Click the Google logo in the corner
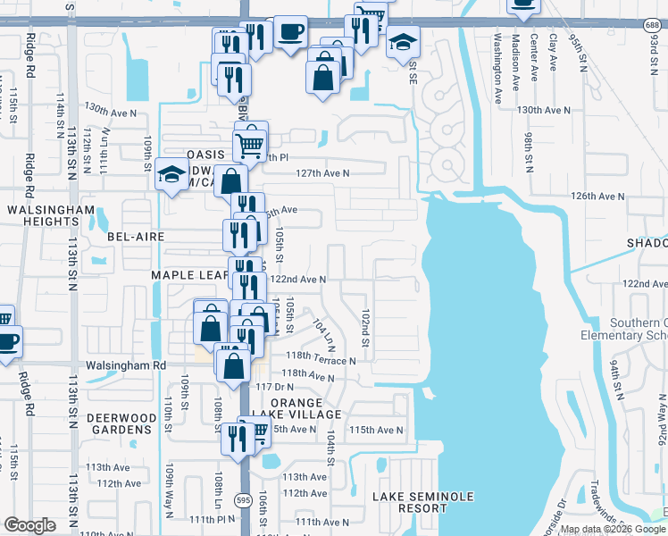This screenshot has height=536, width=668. (29, 524)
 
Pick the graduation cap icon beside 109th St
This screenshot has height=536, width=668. (171, 174)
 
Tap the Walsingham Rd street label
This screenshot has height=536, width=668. (126, 365)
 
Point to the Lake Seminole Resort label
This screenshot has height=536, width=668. (422, 502)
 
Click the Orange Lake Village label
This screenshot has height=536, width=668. (306, 408)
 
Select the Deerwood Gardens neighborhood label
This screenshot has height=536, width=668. (114, 423)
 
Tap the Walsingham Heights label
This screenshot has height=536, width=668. (51, 215)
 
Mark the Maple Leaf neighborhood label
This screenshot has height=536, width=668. (188, 275)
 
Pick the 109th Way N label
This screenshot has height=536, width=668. (168, 490)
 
